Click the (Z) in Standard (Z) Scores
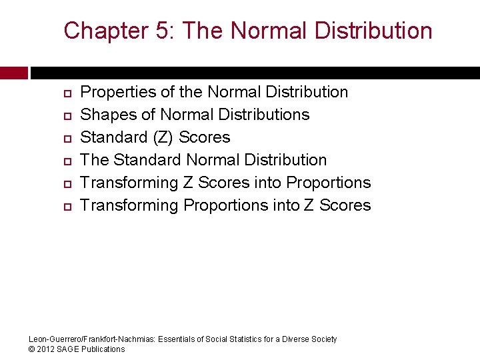165,137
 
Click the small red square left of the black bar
13,73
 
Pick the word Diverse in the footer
295,339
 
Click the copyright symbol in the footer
33,349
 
